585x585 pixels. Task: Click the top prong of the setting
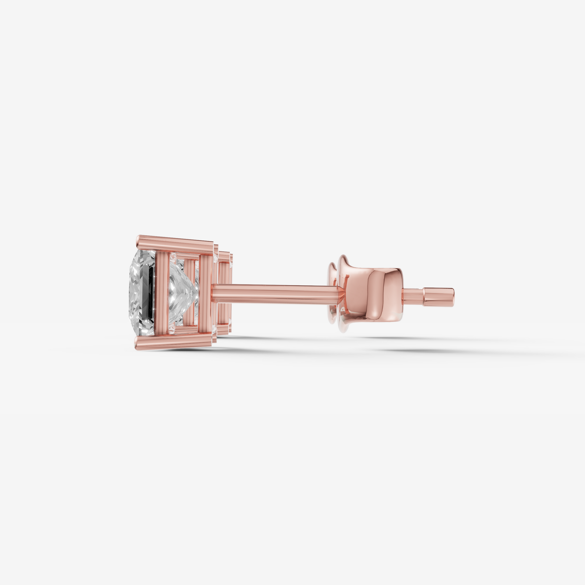[x=176, y=244]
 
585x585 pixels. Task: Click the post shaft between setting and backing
[x=273, y=293]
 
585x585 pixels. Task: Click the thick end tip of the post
[x=439, y=297]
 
